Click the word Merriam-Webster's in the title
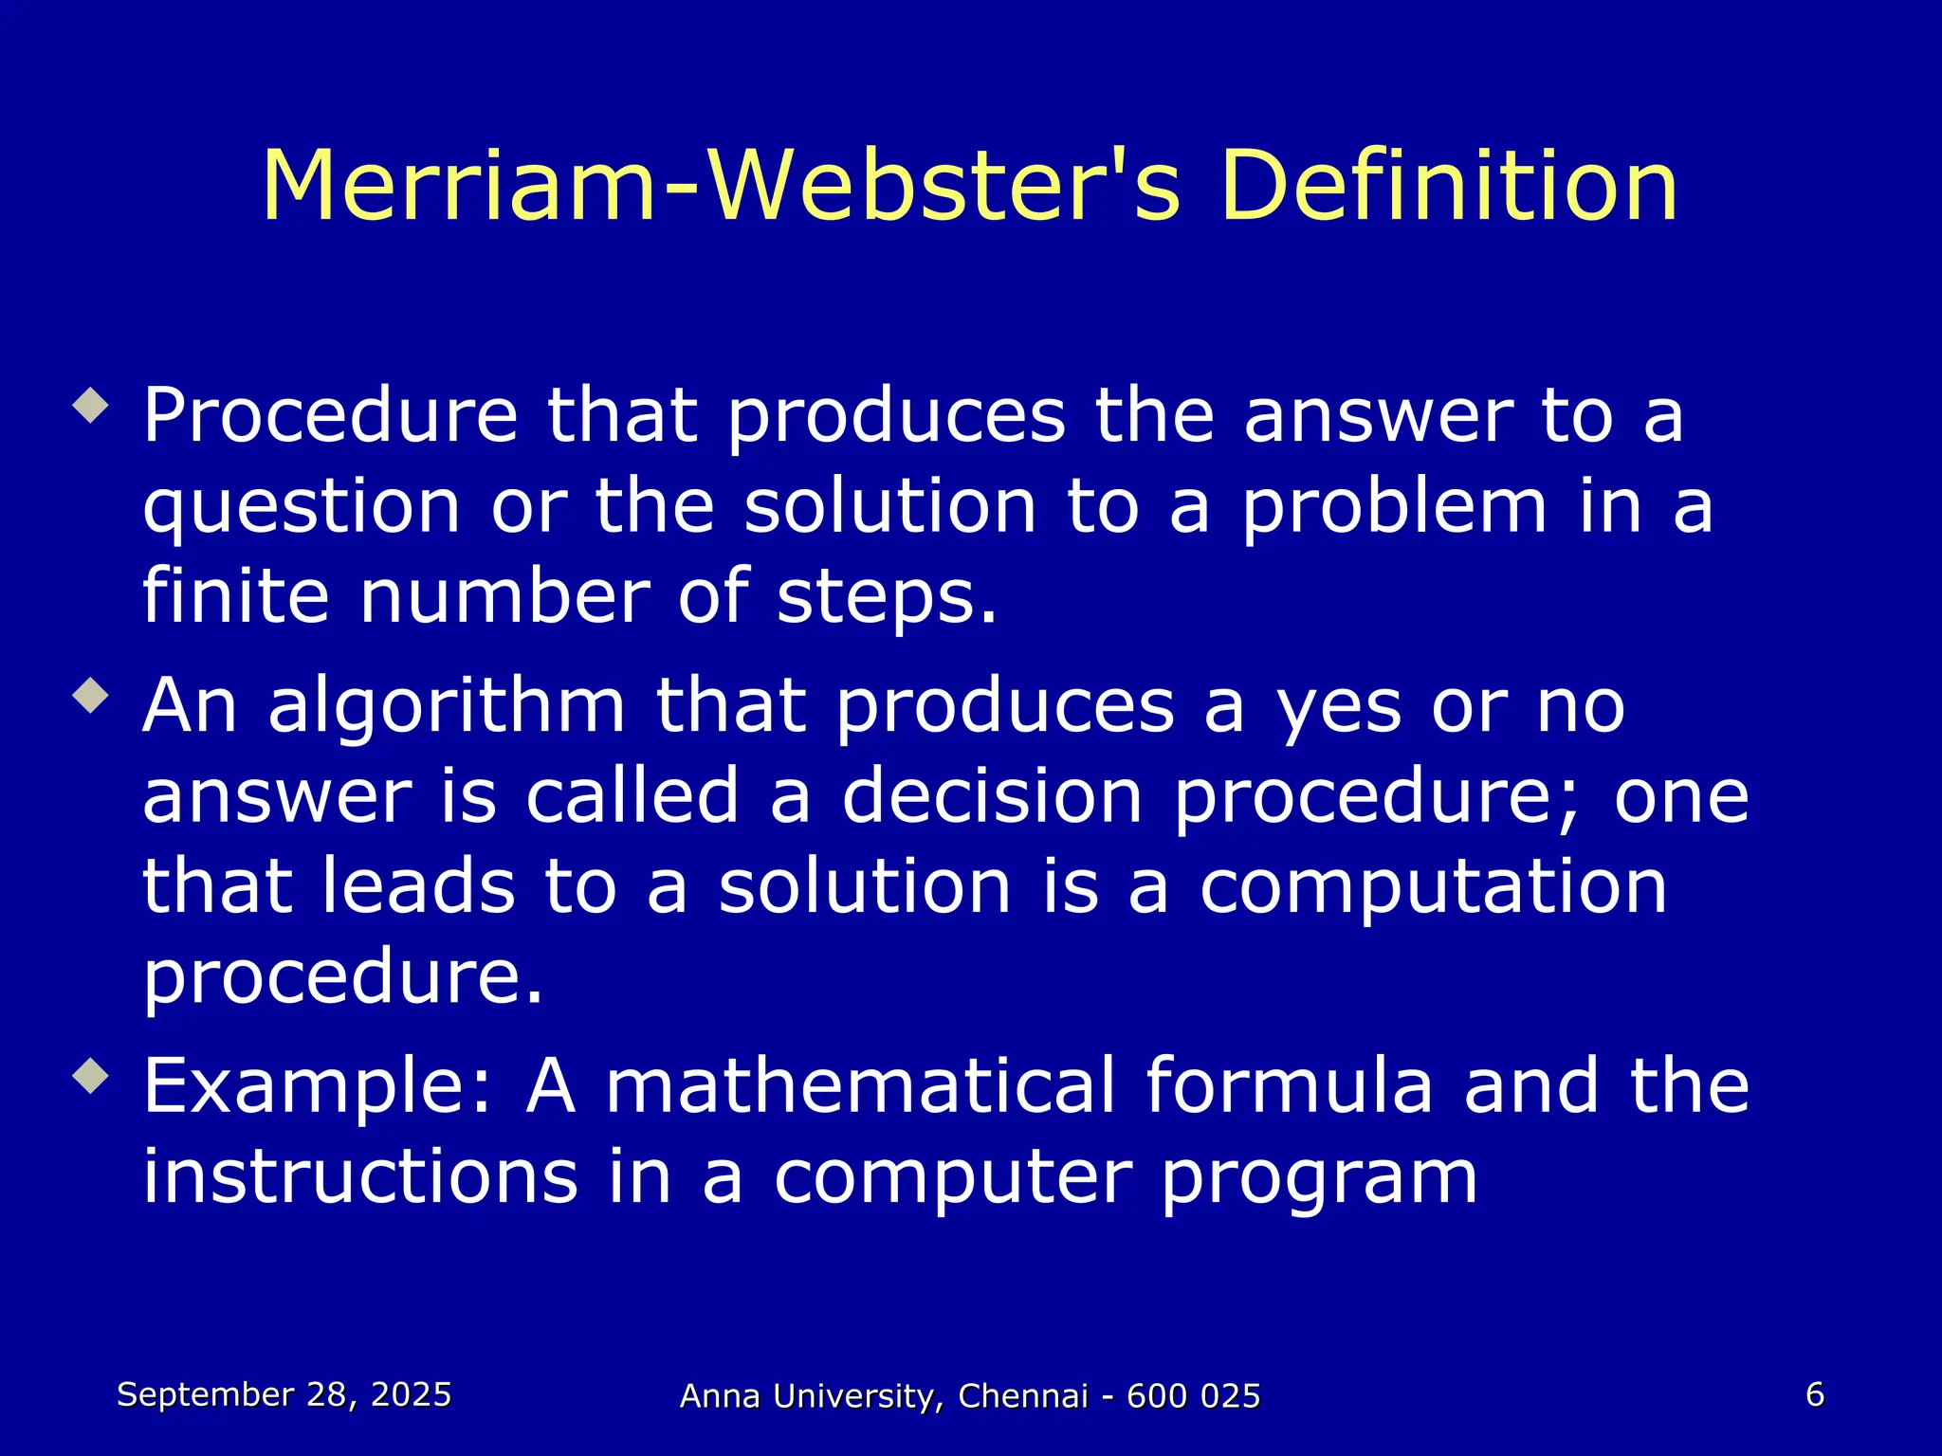[x=721, y=187]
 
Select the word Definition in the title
[x=1449, y=187]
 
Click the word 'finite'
[x=235, y=596]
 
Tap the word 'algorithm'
[x=447, y=707]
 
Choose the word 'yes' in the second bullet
[x=1338, y=709]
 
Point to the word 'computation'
[x=1433, y=887]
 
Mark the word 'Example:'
[x=319, y=1087]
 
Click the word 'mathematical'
[x=860, y=1085]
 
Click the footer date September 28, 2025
[x=284, y=1395]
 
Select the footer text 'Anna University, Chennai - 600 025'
[x=970, y=1396]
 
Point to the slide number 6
[x=1815, y=1394]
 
